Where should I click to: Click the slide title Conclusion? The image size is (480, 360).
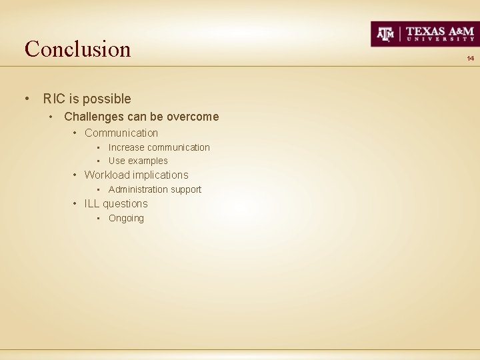click(77, 49)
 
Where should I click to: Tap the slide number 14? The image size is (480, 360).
click(470, 59)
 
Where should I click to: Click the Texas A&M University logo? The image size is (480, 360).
click(424, 34)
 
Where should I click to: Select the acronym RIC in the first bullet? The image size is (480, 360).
click(53, 99)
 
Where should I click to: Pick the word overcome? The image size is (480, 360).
click(193, 117)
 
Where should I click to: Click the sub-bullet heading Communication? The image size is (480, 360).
click(121, 133)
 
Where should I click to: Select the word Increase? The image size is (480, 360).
click(126, 147)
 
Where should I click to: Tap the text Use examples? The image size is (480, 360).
click(138, 161)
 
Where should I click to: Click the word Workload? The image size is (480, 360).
click(107, 175)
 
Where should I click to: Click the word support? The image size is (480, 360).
click(186, 190)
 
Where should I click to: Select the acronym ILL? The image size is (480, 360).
click(91, 204)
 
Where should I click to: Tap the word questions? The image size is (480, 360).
click(125, 204)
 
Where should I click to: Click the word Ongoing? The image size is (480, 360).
click(126, 219)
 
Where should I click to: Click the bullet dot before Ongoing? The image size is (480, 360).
click(98, 219)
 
